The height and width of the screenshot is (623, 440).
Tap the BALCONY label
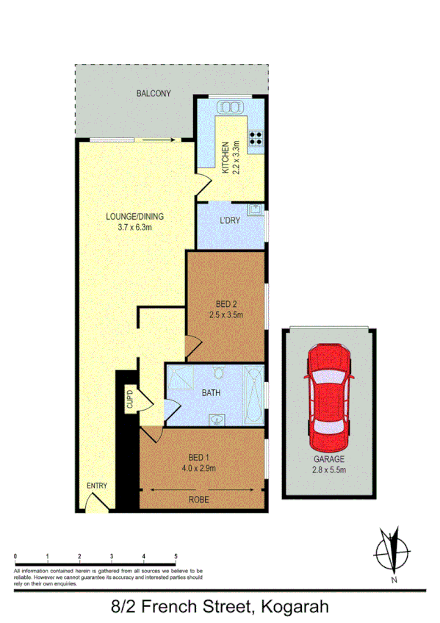tap(154, 93)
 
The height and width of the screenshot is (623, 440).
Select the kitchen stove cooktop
tap(256, 140)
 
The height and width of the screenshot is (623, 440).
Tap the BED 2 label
tap(226, 303)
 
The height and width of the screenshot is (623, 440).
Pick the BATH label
tap(212, 393)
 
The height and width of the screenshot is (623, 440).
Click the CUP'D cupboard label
tap(130, 400)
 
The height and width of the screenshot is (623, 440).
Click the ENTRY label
tap(96, 486)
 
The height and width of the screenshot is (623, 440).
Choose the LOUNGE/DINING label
tap(134, 217)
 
